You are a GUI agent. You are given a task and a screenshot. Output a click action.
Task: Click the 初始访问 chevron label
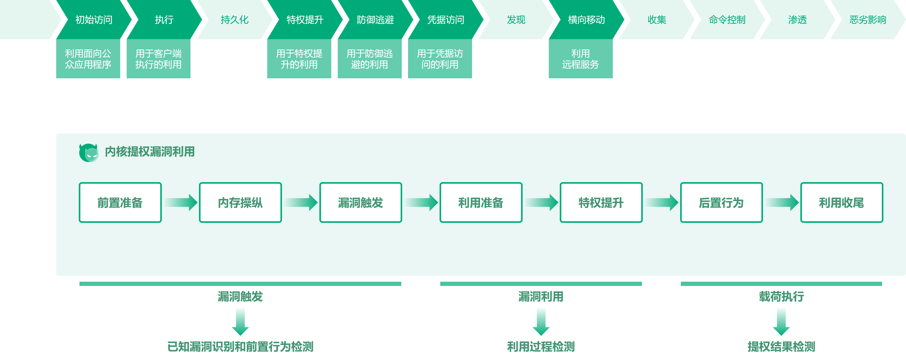point(94,20)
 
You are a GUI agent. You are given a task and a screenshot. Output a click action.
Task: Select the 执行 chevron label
point(164,20)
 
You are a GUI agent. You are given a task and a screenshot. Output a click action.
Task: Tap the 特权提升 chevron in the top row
point(305,20)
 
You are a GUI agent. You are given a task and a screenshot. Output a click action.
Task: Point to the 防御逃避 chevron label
point(375,20)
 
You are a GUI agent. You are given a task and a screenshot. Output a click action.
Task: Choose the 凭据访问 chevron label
point(446,20)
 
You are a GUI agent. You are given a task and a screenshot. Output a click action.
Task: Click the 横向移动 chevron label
point(586,20)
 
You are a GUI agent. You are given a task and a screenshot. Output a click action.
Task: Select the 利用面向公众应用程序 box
point(88,59)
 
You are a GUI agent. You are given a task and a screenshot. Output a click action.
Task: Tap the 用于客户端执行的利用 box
point(158,59)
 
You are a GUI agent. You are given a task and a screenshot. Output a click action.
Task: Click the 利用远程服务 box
point(580,59)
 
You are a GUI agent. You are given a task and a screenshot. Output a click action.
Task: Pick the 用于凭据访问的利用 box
point(440,59)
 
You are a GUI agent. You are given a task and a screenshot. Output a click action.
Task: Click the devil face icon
point(92,154)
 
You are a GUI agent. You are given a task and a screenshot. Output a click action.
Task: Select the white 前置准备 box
point(120,202)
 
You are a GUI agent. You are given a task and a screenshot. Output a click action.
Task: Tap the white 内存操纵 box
point(240,202)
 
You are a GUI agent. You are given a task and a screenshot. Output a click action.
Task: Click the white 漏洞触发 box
point(361,202)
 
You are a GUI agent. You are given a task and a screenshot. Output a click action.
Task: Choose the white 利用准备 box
point(481,202)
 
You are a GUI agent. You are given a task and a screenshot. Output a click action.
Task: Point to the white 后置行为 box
point(721,202)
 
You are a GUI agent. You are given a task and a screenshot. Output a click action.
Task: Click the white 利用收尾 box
point(842,202)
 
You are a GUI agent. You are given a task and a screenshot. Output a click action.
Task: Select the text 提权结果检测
point(781,347)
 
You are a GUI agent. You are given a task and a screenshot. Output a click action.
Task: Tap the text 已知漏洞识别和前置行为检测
point(240,347)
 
